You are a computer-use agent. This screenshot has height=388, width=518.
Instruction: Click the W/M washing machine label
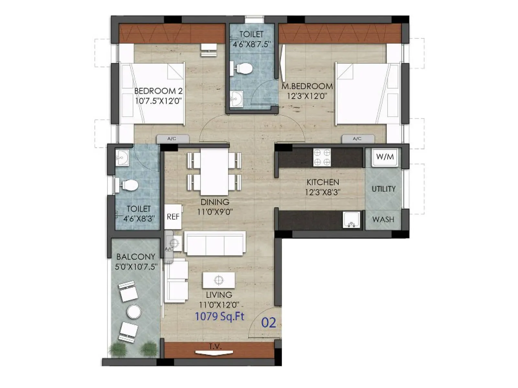tap(385, 157)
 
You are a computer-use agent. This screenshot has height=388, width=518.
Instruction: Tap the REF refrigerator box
tap(173, 217)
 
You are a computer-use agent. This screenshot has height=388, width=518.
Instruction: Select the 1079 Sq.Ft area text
tap(220, 316)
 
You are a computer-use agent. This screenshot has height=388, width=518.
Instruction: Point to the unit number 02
tap(268, 323)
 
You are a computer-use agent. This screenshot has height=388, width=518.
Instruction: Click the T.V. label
tap(215, 347)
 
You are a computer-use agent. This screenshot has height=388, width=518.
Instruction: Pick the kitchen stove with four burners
tap(322, 157)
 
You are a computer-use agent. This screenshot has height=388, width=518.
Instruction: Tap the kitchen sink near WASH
tap(351, 220)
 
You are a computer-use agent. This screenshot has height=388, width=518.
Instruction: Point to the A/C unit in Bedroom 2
tap(172, 139)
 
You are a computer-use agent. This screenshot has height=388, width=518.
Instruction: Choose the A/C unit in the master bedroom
tap(358, 139)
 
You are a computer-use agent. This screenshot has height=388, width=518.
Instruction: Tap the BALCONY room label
tap(136, 257)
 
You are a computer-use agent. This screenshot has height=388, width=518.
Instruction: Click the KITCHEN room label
tap(322, 182)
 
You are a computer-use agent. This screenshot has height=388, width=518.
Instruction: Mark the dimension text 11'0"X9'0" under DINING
tap(215, 212)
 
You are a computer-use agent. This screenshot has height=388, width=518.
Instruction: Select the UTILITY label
tap(384, 189)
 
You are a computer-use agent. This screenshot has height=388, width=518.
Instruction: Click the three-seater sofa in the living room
tap(215, 243)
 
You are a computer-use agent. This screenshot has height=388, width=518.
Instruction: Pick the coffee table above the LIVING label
tap(219, 280)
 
